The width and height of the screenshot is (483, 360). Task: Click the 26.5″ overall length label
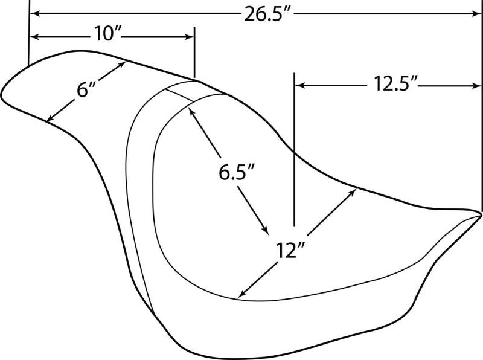point(267,14)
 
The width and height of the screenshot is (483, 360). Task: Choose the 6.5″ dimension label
point(237,172)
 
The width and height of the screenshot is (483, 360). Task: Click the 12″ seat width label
point(290,250)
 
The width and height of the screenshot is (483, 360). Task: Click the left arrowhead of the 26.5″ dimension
point(35,13)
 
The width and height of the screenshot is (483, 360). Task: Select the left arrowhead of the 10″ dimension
point(34,37)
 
